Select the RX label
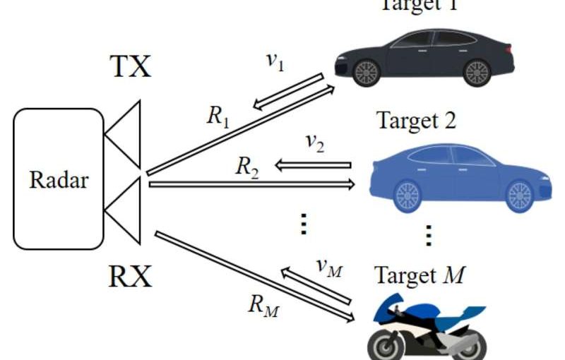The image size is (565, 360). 131,276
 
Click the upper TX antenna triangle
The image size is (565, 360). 126,135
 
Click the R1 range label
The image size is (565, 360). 218,116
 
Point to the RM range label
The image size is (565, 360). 262,305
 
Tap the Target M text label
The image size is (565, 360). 420,275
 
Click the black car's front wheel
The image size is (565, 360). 367,72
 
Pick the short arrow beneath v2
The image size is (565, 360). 312,165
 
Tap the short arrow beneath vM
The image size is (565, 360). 316,285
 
